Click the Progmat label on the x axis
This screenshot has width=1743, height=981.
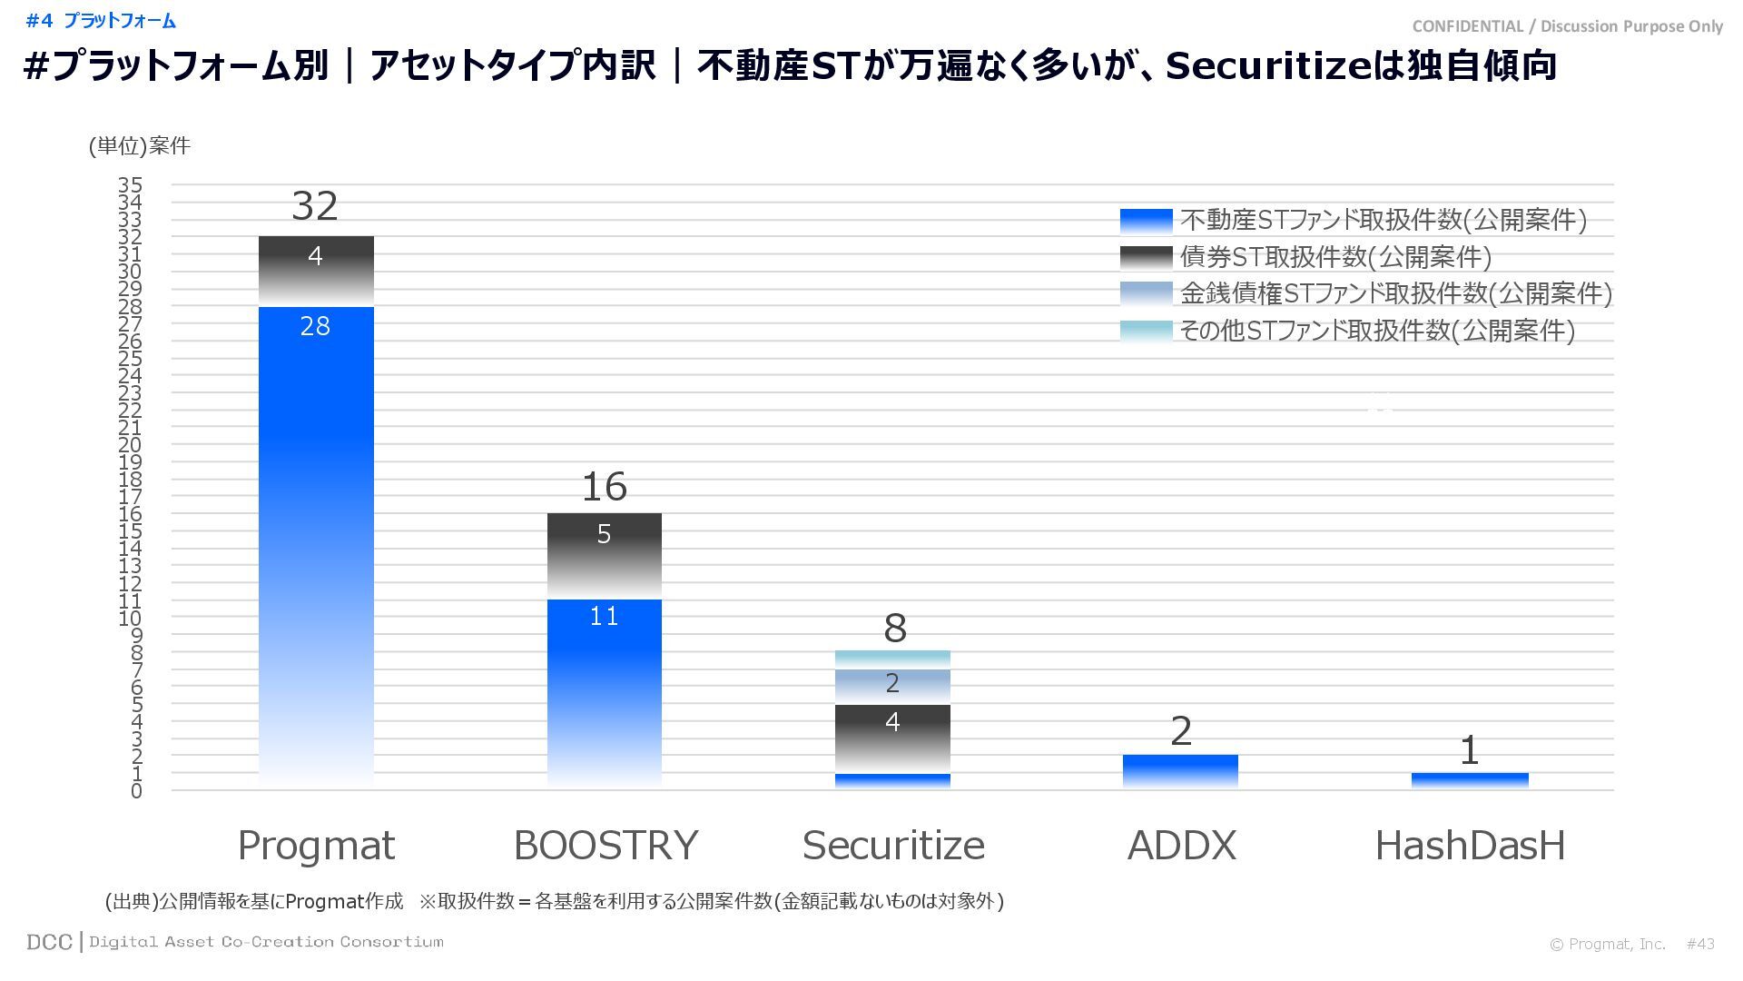316,846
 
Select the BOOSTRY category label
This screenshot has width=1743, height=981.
606,846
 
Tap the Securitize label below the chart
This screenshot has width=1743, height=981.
893,846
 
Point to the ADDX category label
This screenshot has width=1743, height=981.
1181,846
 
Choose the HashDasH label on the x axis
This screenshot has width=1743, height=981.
1470,846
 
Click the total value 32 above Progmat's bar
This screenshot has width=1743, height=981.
315,207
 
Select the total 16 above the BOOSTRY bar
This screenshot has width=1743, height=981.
604,488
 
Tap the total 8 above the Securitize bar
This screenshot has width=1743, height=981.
894,629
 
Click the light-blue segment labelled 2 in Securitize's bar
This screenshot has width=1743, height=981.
892,687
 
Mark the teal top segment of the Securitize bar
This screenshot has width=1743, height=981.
892,659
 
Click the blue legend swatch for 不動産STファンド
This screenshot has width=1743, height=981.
1146,221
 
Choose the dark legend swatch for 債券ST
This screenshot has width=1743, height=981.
1146,257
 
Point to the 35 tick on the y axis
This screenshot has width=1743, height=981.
130,185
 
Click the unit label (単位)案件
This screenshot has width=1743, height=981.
140,146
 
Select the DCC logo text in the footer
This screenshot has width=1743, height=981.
49,942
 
